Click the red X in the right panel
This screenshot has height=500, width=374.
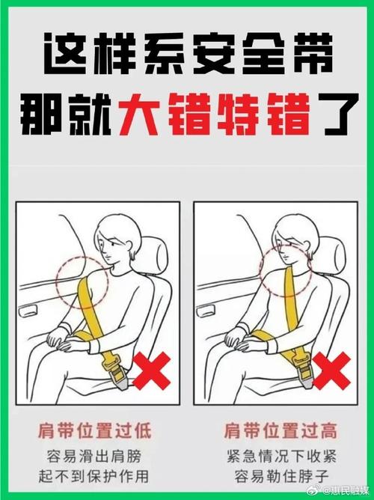[331, 371]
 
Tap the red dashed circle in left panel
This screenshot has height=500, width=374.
[82, 279]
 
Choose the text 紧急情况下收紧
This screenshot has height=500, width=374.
[280, 454]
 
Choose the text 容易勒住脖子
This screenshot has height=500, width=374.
[280, 475]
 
